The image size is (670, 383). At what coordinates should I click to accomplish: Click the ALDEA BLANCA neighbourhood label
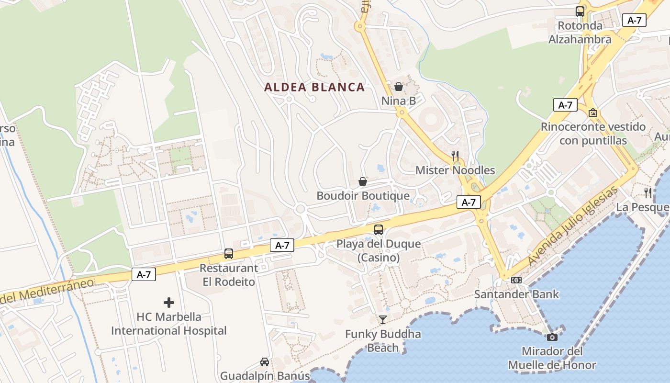[x=314, y=87]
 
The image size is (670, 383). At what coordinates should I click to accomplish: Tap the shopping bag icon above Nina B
[x=398, y=87]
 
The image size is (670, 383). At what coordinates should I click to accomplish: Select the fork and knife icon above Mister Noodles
[x=455, y=156]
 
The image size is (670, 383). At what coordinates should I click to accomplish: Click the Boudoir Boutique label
[x=363, y=196]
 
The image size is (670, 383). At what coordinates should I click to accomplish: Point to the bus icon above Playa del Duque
[x=379, y=230]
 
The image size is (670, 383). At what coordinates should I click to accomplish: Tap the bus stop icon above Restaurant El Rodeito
[x=229, y=254]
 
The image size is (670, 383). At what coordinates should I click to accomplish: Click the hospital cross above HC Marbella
[x=169, y=303]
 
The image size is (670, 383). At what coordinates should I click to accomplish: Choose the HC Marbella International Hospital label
[x=169, y=324]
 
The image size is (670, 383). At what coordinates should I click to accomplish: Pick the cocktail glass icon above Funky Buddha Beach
[x=382, y=319]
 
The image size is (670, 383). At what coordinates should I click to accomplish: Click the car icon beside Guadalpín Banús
[x=264, y=361]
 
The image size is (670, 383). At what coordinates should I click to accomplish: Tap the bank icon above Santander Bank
[x=516, y=280]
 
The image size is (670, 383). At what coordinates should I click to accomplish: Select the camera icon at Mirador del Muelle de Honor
[x=552, y=337]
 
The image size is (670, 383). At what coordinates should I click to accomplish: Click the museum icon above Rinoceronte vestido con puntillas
[x=593, y=113]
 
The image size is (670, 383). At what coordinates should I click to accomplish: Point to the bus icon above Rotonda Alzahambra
[x=580, y=11]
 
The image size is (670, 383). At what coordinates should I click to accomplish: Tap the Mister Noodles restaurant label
[x=455, y=170]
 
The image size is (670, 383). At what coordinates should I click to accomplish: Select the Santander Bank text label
[x=516, y=294]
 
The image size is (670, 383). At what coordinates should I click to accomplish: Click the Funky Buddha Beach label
[x=383, y=340]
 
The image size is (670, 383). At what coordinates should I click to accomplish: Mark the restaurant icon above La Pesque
[x=648, y=192]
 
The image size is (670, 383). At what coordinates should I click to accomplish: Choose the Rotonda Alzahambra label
[x=580, y=33]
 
